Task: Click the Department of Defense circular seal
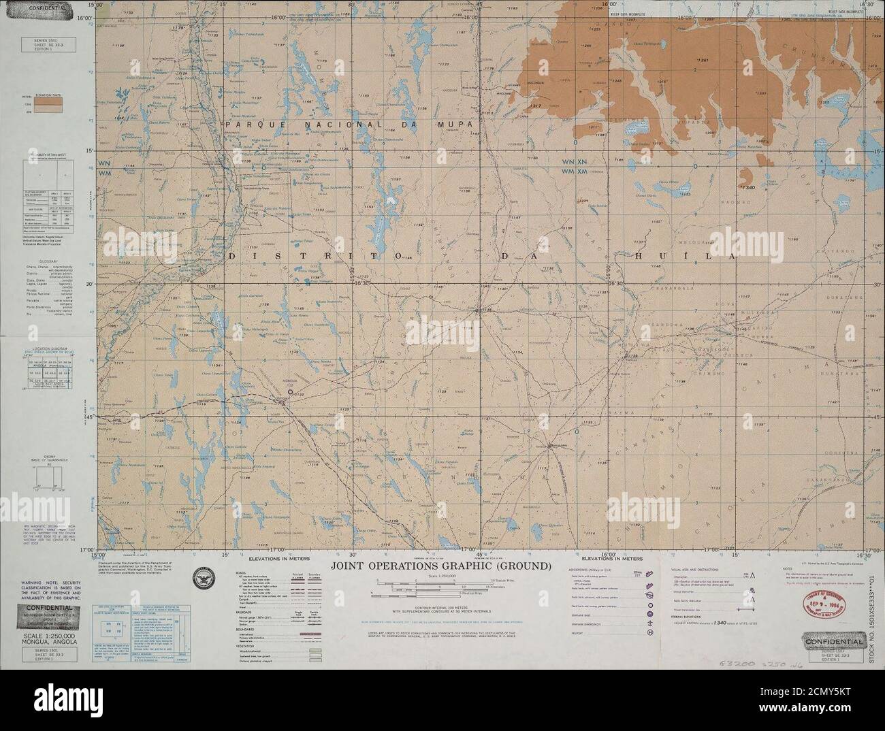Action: pos(203,576)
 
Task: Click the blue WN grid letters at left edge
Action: pos(104,163)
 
